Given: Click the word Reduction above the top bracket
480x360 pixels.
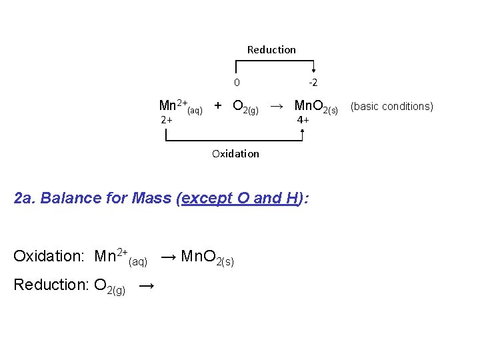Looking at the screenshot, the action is [271, 49].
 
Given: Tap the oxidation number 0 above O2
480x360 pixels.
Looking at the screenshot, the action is [237, 83].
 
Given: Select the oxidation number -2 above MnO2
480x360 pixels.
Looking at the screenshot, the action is [312, 83].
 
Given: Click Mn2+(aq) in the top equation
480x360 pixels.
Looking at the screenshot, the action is [180, 106].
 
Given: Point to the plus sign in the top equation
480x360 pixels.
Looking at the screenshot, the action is [218, 105].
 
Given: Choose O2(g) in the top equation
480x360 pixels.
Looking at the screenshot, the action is [245, 107].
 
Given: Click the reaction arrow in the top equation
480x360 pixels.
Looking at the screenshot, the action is [279, 105].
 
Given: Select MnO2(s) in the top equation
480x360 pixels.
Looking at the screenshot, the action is [316, 107].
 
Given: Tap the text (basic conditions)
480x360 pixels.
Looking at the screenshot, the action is [392, 106].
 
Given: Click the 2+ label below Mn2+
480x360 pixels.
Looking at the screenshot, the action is [167, 120].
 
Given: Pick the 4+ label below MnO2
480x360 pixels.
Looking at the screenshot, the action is [303, 120].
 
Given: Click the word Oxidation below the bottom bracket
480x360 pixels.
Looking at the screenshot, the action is [235, 153].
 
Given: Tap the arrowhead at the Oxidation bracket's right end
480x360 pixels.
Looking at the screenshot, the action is [303, 132].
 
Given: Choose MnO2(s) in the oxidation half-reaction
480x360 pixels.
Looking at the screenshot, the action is [207, 257].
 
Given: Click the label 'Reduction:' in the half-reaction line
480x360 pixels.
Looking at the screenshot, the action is [51, 285].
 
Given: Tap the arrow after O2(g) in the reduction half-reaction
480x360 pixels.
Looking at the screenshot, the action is [147, 285].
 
